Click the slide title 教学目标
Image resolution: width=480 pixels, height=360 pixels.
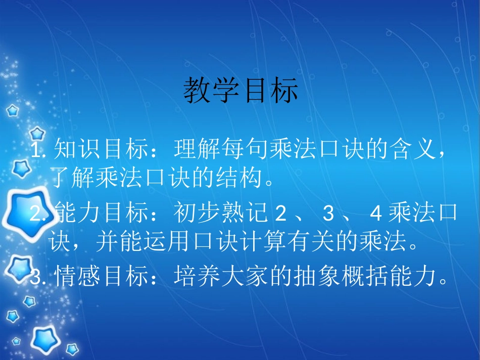tap(241, 91)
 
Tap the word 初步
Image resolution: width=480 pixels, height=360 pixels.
tap(191, 214)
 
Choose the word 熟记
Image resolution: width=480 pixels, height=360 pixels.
tap(239, 214)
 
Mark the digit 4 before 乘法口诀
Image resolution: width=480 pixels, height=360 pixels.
tap(375, 215)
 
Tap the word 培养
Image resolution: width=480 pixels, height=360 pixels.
tap(191, 277)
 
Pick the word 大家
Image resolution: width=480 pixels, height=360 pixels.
tap(239, 277)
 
